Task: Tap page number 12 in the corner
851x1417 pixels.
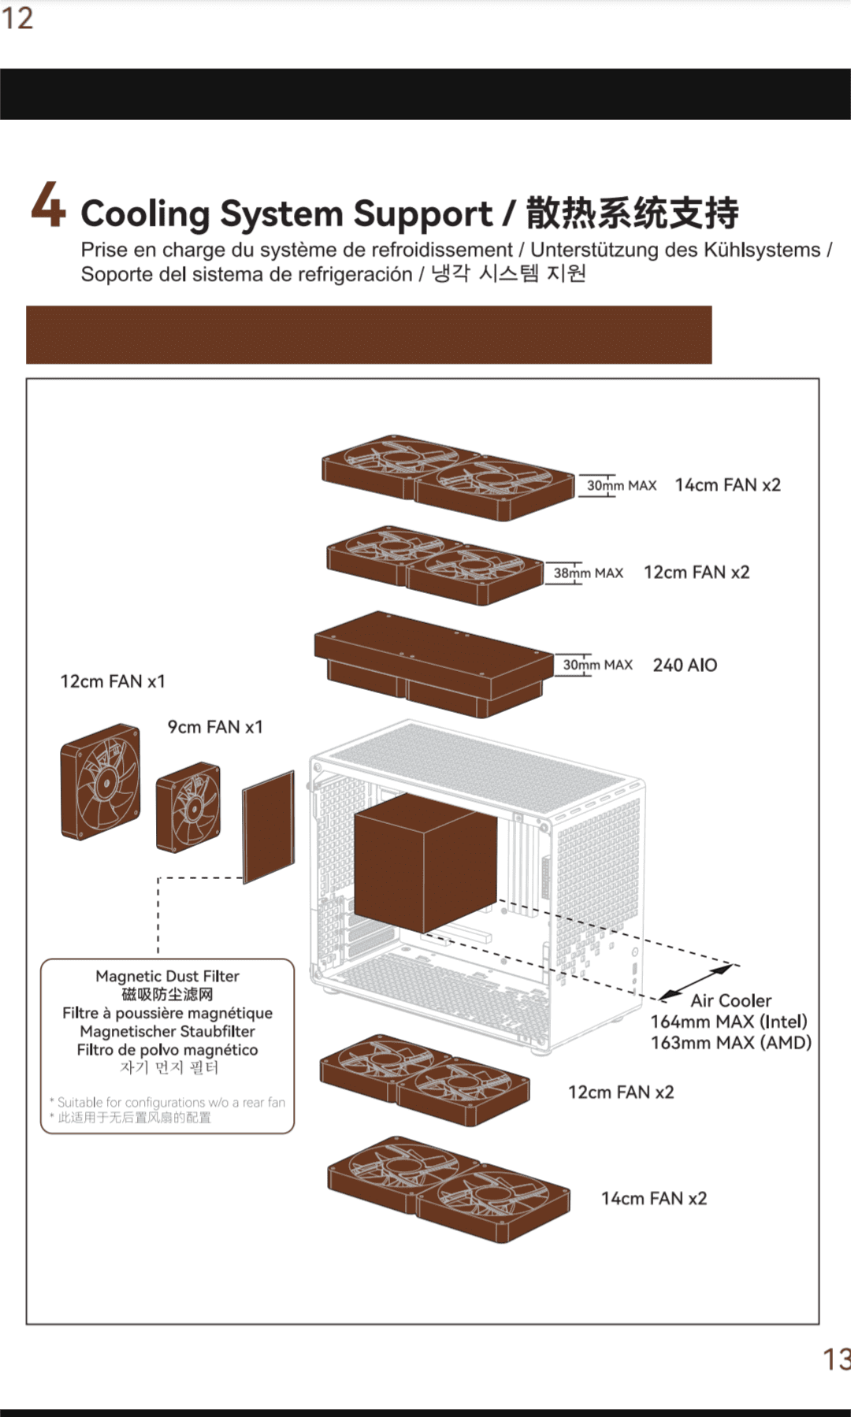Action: click(17, 18)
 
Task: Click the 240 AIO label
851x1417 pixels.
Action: click(685, 666)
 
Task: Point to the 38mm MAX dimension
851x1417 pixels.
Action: click(588, 573)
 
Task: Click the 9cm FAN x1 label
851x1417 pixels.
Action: click(215, 727)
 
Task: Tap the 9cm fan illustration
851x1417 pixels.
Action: click(188, 807)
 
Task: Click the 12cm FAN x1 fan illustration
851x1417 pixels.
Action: click(101, 782)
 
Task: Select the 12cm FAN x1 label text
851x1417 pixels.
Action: click(113, 681)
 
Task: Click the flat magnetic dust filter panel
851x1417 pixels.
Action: click(268, 827)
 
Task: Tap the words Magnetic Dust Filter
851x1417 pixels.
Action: click(167, 976)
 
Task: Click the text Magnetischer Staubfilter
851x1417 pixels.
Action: click(167, 1031)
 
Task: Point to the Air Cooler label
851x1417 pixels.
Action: click(731, 1001)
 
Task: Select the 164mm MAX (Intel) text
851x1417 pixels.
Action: click(729, 1022)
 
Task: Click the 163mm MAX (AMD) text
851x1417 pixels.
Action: click(730, 1043)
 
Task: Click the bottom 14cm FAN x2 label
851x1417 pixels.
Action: click(654, 1199)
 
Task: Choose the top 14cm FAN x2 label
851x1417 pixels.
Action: click(727, 485)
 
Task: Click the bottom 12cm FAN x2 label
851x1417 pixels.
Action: click(621, 1092)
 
